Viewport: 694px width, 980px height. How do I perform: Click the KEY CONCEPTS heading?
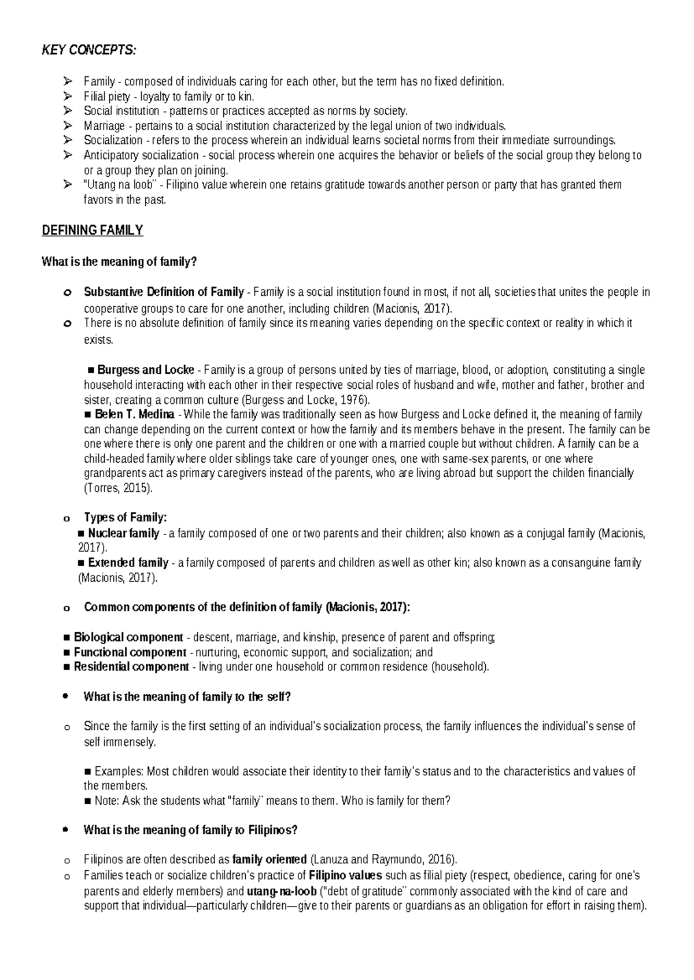pos(89,51)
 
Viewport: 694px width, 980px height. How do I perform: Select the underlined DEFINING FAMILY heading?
pos(92,231)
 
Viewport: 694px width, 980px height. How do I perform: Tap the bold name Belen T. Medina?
pos(134,414)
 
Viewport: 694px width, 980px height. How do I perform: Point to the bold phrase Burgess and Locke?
pos(145,370)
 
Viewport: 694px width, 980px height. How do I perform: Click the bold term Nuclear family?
pos(123,533)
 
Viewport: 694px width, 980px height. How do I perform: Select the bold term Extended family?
pos(128,563)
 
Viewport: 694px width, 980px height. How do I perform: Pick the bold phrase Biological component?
pos(128,637)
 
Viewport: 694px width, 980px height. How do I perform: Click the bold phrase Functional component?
pos(130,652)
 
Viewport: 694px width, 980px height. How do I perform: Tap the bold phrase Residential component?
pos(131,667)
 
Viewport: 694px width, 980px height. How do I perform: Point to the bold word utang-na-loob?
pos(282,891)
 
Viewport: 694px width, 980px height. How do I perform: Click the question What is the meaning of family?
pos(119,262)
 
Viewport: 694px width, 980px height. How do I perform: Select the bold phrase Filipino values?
pos(345,875)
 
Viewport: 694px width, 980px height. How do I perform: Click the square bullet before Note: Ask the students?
pos(88,801)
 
